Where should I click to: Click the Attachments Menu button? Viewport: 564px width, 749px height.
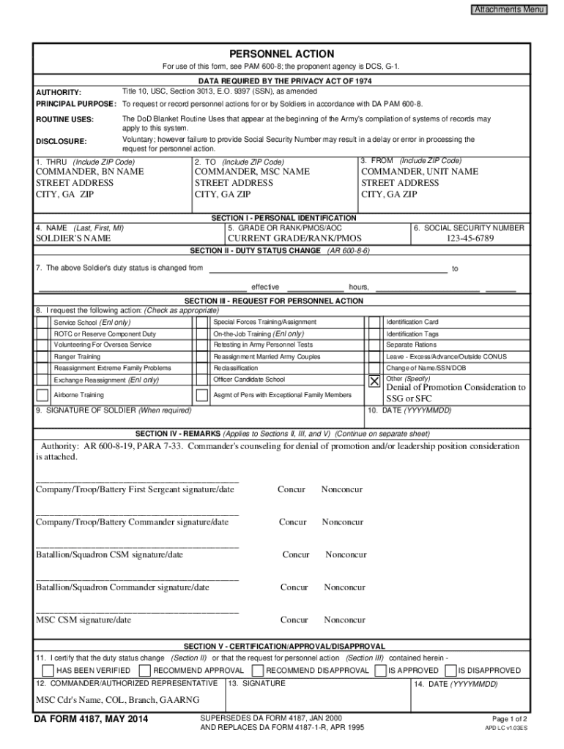coord(509,10)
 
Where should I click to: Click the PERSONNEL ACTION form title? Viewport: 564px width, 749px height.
coord(282,54)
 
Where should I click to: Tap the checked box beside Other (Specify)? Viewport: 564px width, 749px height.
coord(374,381)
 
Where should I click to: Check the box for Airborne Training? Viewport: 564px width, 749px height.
coord(43,395)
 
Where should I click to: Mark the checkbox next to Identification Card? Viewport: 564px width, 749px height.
coord(374,322)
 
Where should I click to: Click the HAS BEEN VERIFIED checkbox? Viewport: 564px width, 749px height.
coord(48,670)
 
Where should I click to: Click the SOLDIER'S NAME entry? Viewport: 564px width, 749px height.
coord(73,238)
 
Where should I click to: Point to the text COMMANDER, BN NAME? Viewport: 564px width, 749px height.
coord(90,172)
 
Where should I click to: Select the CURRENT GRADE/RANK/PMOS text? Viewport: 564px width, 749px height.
coord(294,238)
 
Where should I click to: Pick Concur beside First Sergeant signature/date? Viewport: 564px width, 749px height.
coord(292,489)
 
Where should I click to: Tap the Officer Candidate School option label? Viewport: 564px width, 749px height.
coord(249,380)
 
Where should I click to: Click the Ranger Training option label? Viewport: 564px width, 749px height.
coord(78,356)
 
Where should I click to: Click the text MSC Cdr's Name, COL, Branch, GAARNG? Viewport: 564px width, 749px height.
coord(118,700)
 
